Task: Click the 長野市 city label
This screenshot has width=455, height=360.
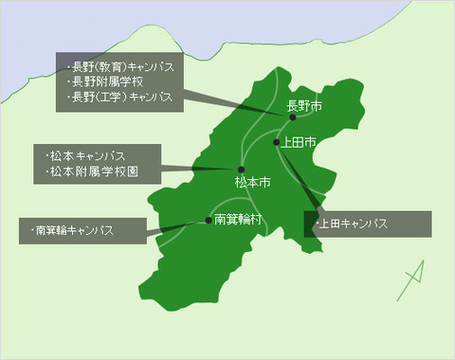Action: [x=304, y=106]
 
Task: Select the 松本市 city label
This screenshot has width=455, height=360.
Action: [x=252, y=180]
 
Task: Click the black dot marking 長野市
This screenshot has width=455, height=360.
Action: [x=293, y=117]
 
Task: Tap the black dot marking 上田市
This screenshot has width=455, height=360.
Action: [x=277, y=143]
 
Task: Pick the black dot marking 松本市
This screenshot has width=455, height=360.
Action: [x=242, y=169]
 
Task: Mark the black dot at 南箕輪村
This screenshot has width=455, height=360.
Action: [x=209, y=221]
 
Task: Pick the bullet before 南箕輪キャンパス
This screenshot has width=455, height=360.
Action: [x=31, y=230]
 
